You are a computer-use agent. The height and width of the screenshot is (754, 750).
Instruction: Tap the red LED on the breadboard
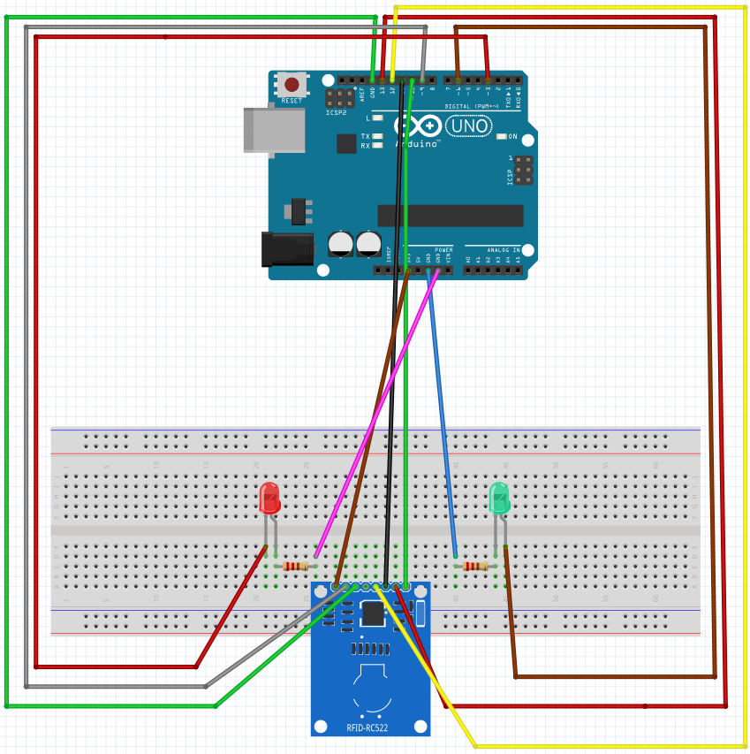[269, 499]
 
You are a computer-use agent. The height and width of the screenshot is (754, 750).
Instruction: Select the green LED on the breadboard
[499, 499]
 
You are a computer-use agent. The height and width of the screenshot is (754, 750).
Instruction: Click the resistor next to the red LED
[296, 566]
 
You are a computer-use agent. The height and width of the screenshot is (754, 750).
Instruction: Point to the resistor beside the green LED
[475, 566]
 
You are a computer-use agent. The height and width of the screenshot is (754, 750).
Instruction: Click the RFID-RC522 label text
[370, 728]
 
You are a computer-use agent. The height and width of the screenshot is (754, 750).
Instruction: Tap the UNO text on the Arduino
[469, 126]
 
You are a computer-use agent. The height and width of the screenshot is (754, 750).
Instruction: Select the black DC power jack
[287, 248]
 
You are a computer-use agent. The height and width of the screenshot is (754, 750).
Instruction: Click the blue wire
[442, 415]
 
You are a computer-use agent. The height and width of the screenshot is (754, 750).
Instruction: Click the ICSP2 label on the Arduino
[336, 113]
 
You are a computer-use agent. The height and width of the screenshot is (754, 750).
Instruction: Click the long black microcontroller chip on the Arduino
[450, 216]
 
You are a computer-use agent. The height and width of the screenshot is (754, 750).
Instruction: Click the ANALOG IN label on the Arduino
[504, 250]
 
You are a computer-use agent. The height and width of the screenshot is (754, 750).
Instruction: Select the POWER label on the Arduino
[443, 250]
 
